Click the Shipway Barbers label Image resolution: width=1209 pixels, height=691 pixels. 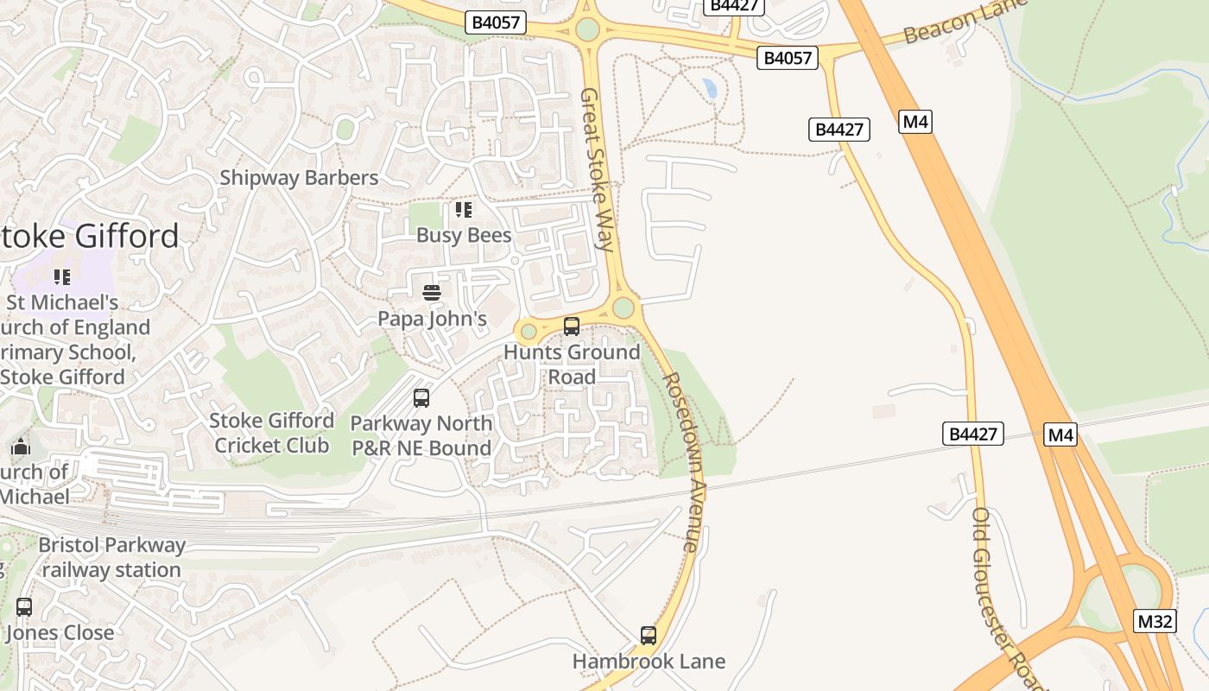point(299,178)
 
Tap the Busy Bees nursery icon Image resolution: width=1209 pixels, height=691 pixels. point(464,210)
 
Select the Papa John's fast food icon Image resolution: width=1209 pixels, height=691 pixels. point(432,293)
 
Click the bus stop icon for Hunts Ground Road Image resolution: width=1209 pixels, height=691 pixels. point(571,326)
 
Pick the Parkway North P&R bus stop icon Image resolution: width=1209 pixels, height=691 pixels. point(421,398)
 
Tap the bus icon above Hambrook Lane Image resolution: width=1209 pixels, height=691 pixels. point(649,636)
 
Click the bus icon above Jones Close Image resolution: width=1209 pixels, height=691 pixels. point(24,607)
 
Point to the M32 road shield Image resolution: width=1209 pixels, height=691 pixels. point(1155,621)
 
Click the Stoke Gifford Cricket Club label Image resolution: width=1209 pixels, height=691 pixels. point(271,433)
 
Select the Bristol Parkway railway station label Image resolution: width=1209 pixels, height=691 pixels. point(111,557)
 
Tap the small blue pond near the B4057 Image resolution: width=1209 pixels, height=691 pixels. point(709,87)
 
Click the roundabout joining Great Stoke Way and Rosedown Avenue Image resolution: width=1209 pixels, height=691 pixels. point(623,307)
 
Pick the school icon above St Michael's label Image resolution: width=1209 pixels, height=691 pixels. point(62,277)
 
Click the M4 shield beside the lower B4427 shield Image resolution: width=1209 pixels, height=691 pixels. point(1060,434)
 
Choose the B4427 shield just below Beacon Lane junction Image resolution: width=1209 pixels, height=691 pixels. point(839,130)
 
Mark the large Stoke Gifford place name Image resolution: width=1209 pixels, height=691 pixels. point(90,236)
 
